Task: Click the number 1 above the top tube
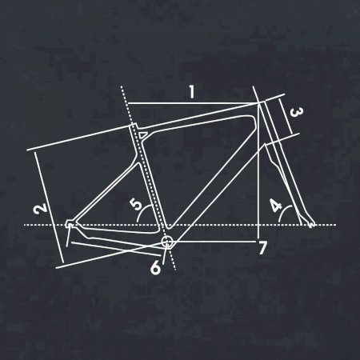coord(192,92)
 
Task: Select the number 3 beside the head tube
coord(296,113)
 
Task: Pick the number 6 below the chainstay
coord(156,268)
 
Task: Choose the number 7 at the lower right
coord(262,248)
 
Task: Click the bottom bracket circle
coord(167,242)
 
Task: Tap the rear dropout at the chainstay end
coord(70,225)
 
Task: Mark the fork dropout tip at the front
coord(311,225)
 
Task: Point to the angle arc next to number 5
coord(142,211)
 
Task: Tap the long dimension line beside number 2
coord(50,206)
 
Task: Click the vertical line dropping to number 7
coord(258,170)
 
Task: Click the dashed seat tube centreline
coord(148,178)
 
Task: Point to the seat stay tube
coord(107,193)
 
